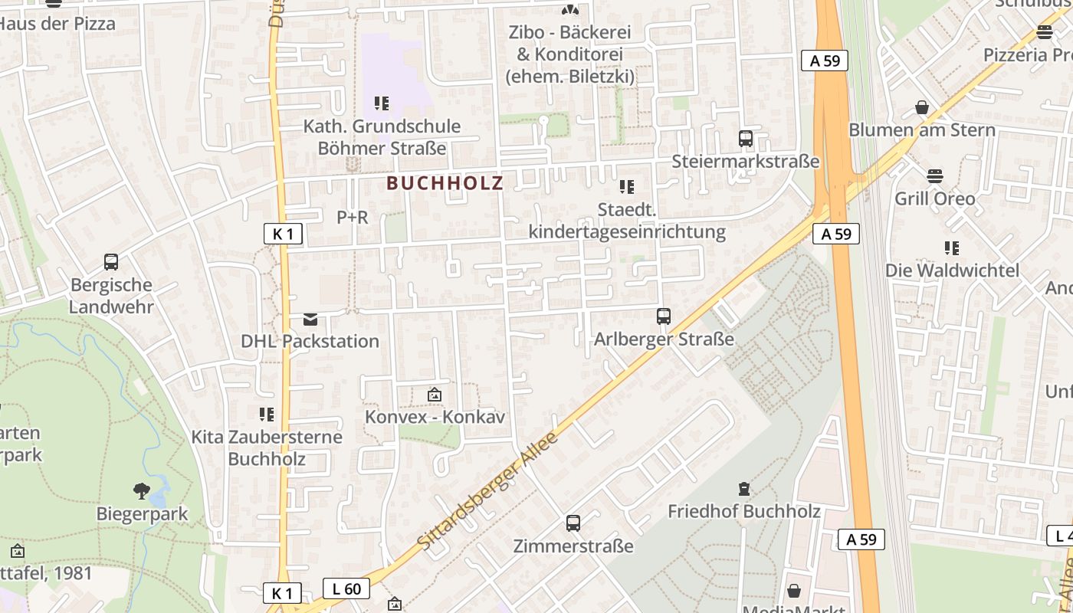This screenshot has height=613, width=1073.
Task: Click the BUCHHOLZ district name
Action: [445, 183]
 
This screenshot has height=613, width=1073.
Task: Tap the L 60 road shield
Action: [346, 588]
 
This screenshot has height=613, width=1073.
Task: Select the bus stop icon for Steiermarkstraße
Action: [745, 139]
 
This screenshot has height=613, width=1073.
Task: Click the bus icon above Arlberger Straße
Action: [664, 316]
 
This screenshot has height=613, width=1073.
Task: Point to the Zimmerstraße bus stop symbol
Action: [573, 523]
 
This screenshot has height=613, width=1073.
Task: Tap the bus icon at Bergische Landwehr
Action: [111, 262]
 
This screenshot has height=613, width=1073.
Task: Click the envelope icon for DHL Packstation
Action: [310, 319]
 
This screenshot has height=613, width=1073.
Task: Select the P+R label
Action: [353, 218]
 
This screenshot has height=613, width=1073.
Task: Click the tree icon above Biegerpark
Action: [141, 490]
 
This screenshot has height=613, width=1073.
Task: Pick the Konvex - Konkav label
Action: [435, 418]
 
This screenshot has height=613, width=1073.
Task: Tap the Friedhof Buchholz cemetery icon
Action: [743, 488]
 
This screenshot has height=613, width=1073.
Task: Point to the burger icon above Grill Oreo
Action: [934, 176]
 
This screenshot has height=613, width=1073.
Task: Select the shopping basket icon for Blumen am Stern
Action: [922, 107]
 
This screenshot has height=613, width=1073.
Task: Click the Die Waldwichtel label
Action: [952, 270]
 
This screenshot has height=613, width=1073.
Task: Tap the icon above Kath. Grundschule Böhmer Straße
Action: [382, 103]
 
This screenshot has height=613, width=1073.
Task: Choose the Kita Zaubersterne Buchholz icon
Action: [267, 415]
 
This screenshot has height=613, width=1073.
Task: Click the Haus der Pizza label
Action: [57, 24]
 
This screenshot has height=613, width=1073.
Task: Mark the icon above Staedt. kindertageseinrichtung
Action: [627, 187]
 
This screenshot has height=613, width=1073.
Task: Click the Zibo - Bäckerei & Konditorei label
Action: [569, 54]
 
